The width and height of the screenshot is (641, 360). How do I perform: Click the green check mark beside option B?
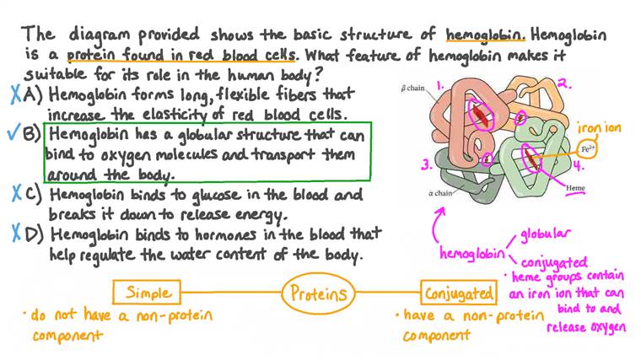click(x=13, y=133)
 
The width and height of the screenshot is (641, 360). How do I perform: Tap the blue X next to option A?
click(x=16, y=94)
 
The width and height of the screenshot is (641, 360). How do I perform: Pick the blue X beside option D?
click(x=16, y=234)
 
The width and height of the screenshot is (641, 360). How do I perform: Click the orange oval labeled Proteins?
click(x=319, y=293)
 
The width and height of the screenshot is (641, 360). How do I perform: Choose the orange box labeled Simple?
click(x=147, y=293)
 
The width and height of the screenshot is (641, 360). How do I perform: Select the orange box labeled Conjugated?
click(x=459, y=293)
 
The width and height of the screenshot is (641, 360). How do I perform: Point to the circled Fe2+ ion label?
click(x=587, y=148)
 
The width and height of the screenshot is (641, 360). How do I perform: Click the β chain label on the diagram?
click(x=413, y=88)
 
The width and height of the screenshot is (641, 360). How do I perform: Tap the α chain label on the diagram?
click(x=440, y=193)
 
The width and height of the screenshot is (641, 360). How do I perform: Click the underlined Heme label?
click(x=575, y=189)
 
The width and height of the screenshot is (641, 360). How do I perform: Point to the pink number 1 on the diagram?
click(x=440, y=85)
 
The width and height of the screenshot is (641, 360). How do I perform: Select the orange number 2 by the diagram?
click(x=564, y=83)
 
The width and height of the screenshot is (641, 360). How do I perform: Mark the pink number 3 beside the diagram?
click(x=427, y=164)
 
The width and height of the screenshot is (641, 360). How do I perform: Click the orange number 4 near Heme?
click(x=578, y=166)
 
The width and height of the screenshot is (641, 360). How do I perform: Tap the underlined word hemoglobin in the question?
click(x=485, y=35)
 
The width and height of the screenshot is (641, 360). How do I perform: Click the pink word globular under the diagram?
click(x=545, y=234)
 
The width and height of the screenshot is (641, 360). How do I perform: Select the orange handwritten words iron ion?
click(x=599, y=128)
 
